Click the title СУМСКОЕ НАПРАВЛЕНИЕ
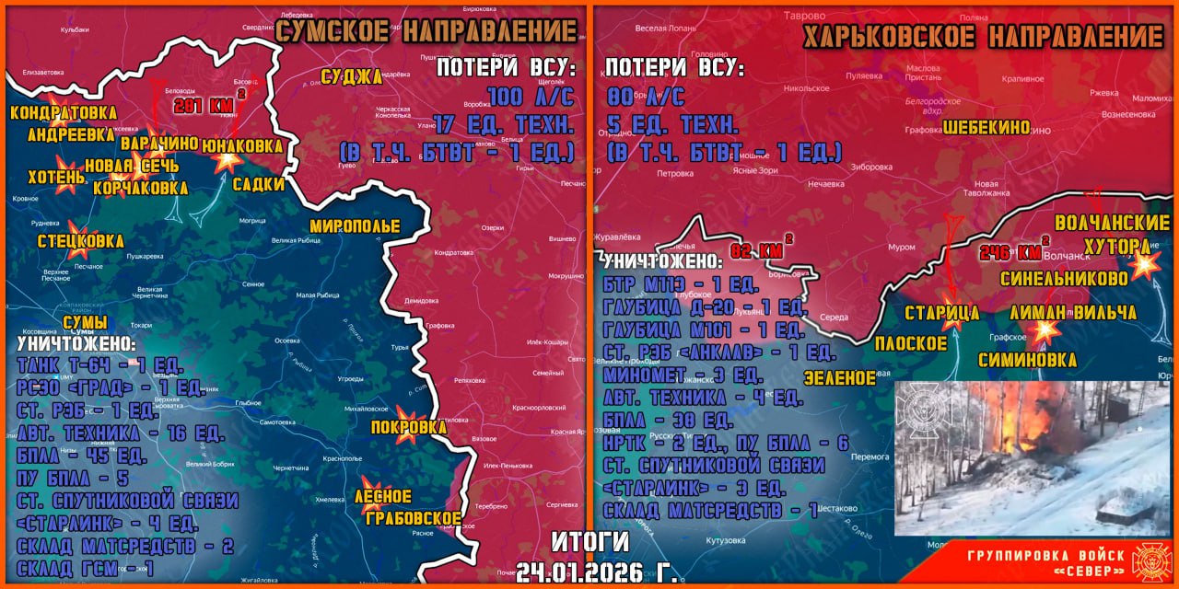(x=426, y=31)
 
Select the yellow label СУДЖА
(x=351, y=76)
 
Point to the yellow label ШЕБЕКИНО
(x=986, y=128)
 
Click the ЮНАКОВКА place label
(x=242, y=145)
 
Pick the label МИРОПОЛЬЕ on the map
(x=355, y=225)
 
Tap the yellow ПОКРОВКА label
(x=408, y=427)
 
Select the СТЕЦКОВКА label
(x=81, y=241)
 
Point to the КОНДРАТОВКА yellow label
(x=64, y=112)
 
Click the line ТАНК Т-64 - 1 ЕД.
(x=88, y=366)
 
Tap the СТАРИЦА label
(x=940, y=313)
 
